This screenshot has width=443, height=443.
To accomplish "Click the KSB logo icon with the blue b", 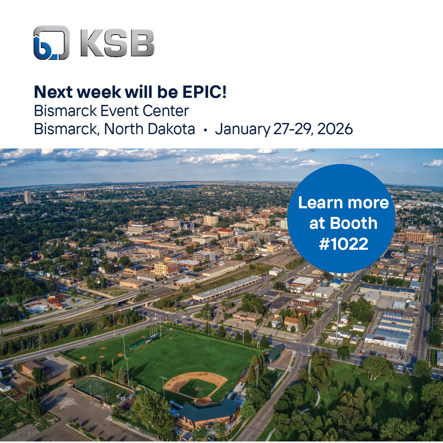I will pos(51,42).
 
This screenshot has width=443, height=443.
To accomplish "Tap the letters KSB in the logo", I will pos(116,43).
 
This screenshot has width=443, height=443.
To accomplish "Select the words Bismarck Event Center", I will pos(111,111).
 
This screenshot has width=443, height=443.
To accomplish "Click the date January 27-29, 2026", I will pos(284,129).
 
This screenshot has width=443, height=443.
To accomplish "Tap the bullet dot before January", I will pos(205,130).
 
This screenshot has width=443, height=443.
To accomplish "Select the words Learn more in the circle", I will pos(343,202).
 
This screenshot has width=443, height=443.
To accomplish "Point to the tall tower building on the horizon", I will pos(28,197).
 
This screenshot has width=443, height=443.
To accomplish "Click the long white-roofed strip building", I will pos(227,288).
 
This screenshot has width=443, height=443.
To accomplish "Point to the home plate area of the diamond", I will pos(203,400).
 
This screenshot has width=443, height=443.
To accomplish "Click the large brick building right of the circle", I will pos(416,235).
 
